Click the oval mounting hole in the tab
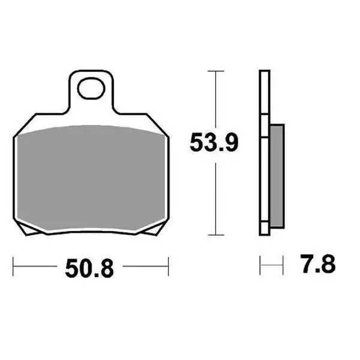(x=91, y=89)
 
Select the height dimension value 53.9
(x=214, y=143)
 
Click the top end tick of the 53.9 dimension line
(x=215, y=71)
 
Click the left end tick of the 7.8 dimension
(x=260, y=265)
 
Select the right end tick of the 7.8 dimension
(x=282, y=265)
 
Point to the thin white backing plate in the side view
(x=263, y=150)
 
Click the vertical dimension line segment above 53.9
(x=215, y=99)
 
